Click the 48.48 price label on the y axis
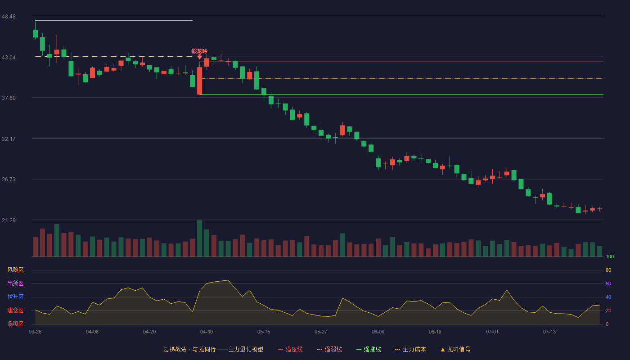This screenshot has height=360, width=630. (9, 17)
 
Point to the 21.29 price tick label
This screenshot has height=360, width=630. (9, 220)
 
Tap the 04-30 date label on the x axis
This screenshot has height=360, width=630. (207, 332)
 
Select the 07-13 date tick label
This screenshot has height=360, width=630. (549, 332)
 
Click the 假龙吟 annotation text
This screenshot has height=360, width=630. (199, 51)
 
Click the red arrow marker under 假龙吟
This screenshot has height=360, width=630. (199, 57)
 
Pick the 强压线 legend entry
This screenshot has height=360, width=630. (290, 349)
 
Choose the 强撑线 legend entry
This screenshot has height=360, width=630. (369, 349)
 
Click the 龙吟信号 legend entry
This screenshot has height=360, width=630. (455, 349)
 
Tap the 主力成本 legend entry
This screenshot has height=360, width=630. (410, 349)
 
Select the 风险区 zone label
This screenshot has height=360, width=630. (15, 270)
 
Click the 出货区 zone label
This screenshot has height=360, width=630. (15, 283)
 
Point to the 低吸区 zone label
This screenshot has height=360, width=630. (15, 324)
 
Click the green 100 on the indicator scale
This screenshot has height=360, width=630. (610, 256)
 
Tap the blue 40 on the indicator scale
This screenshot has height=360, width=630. (608, 297)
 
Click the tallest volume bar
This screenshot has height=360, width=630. (199, 238)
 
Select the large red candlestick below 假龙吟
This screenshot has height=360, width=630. (199, 81)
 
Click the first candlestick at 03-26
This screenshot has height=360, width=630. (35, 33)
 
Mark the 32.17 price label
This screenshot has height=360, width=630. (9, 139)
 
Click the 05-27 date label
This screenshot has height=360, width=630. (320, 332)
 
